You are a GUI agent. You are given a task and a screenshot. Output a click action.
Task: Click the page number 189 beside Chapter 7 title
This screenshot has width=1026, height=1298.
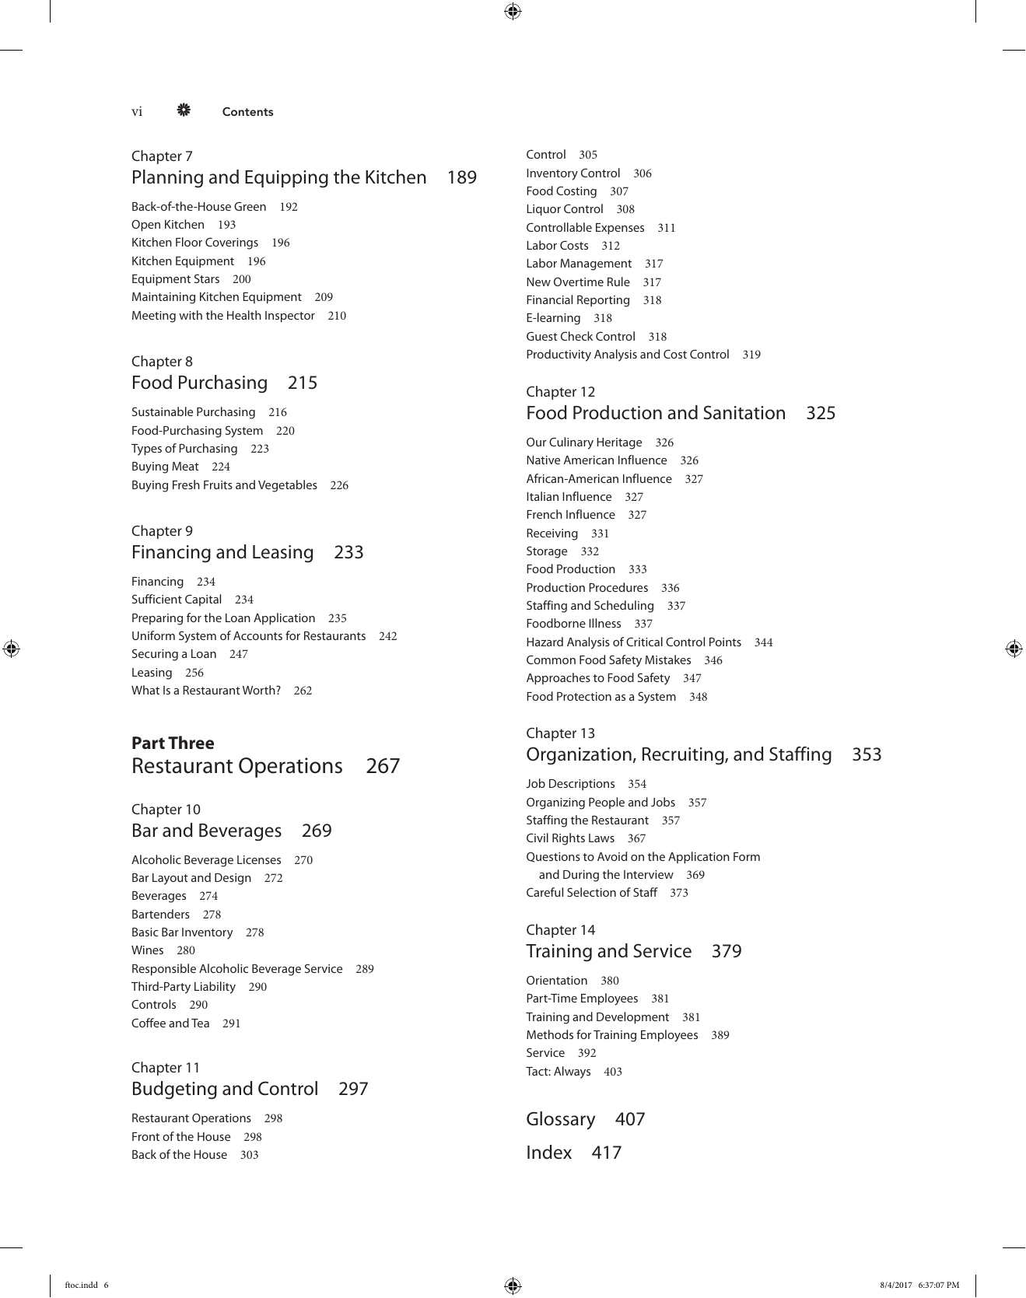click(461, 178)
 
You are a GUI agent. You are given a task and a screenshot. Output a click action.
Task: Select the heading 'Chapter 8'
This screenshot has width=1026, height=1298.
click(162, 362)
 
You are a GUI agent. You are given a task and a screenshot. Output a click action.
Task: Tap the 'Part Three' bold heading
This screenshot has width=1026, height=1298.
click(173, 743)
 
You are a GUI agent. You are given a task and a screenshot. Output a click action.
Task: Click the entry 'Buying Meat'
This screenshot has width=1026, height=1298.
click(165, 467)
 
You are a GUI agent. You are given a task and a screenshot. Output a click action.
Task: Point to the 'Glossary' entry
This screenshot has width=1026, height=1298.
click(560, 1119)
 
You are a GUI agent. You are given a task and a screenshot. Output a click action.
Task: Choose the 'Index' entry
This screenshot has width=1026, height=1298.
click(548, 1153)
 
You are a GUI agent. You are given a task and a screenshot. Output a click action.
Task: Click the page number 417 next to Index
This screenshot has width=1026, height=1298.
click(606, 1153)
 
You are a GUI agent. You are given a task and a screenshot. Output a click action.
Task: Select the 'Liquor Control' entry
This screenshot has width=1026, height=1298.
click(565, 209)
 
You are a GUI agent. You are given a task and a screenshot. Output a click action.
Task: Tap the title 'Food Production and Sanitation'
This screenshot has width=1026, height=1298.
click(656, 413)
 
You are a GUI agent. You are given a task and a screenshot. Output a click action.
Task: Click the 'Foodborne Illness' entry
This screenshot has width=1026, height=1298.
click(573, 624)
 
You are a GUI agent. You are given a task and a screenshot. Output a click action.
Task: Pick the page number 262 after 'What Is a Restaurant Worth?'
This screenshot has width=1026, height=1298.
click(303, 691)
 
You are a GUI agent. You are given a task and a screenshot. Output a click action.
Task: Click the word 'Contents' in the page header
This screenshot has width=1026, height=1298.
click(247, 112)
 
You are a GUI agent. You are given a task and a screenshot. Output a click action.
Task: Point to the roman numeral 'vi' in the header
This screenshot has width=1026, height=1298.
click(137, 112)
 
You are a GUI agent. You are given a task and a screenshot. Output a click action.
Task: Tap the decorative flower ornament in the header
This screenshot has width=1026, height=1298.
click(184, 110)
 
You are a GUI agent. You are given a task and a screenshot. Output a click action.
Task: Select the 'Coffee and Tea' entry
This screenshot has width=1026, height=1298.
click(170, 1023)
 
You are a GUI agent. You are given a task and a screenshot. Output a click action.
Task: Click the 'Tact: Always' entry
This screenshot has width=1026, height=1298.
click(559, 1072)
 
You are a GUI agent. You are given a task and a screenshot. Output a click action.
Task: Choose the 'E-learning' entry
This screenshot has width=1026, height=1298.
click(553, 318)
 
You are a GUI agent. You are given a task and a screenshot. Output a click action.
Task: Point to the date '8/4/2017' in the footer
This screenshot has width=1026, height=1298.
click(895, 1285)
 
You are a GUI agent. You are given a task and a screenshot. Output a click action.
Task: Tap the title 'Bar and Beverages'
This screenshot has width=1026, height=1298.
click(206, 831)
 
